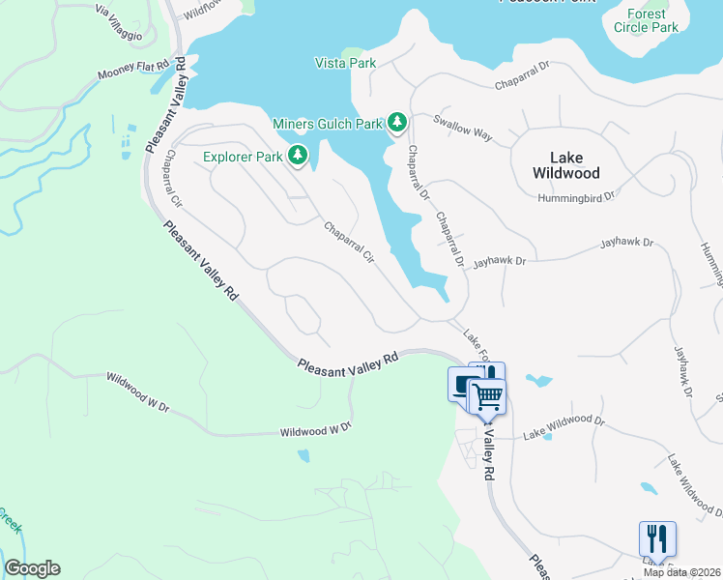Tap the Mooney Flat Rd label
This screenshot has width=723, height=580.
[x=135, y=72]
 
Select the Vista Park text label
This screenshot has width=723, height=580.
[x=345, y=63]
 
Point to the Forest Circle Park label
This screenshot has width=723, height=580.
[x=646, y=20]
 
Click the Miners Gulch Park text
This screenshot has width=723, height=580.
[x=328, y=124]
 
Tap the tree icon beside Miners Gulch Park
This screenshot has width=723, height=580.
[x=397, y=123]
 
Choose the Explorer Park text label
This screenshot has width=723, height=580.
[x=242, y=156]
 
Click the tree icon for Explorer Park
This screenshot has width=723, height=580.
[x=299, y=155]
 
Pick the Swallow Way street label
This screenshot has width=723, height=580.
[x=463, y=128]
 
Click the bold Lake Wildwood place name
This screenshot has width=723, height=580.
[x=566, y=165]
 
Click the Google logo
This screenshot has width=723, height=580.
[x=32, y=568]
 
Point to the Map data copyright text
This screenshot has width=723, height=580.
[x=681, y=572]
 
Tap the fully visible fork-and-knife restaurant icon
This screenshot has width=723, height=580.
[x=657, y=538]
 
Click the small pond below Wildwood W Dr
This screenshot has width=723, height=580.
[x=304, y=454]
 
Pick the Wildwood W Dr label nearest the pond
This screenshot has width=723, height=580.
[x=315, y=429]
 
